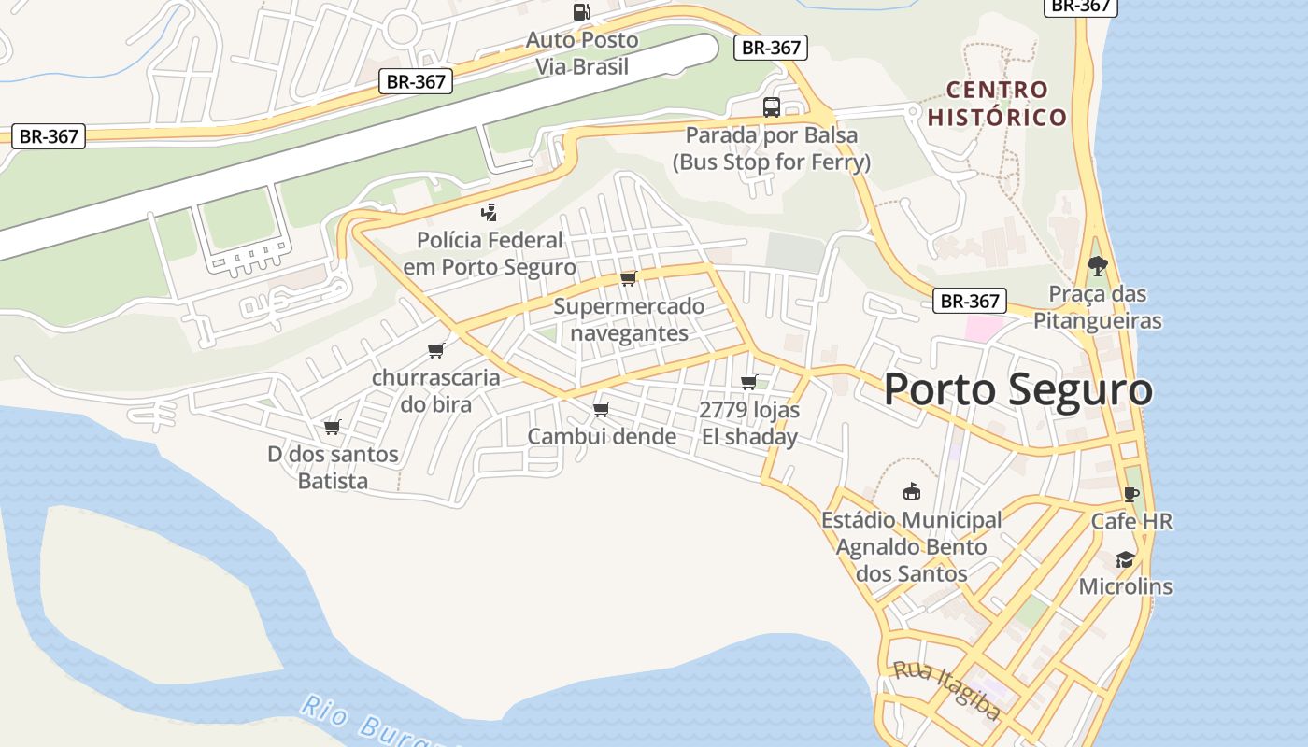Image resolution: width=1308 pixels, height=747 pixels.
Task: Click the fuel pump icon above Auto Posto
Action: click(581, 12)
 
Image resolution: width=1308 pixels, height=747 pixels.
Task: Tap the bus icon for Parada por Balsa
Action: click(771, 107)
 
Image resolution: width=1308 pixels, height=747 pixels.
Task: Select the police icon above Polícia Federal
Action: click(489, 213)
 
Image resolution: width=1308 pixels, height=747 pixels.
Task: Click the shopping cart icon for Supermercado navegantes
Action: click(628, 278)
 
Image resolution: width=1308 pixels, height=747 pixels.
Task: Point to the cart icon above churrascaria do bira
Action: click(435, 350)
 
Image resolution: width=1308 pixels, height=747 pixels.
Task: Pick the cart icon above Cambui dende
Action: click(602, 409)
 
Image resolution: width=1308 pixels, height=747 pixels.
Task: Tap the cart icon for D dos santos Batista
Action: click(332, 427)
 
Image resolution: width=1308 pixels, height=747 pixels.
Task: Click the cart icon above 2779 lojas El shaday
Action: click(748, 382)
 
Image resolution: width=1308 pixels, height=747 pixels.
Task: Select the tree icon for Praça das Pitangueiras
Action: click(1097, 266)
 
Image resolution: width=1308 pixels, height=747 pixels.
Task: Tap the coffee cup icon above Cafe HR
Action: click(1131, 494)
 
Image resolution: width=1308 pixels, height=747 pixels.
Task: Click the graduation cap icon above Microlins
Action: click(1125, 559)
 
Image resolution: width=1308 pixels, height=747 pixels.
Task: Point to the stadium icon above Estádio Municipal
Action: click(911, 491)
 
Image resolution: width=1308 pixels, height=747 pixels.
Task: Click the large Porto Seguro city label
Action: click(1017, 389)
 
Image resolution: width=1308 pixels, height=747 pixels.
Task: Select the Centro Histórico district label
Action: click(997, 104)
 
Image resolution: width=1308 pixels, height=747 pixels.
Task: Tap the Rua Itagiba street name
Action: click(946, 690)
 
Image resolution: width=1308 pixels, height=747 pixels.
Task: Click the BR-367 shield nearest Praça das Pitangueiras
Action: click(970, 301)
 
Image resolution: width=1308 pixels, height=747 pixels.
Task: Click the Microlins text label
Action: click(1125, 586)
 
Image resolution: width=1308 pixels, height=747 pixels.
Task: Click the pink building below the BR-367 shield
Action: click(983, 328)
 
